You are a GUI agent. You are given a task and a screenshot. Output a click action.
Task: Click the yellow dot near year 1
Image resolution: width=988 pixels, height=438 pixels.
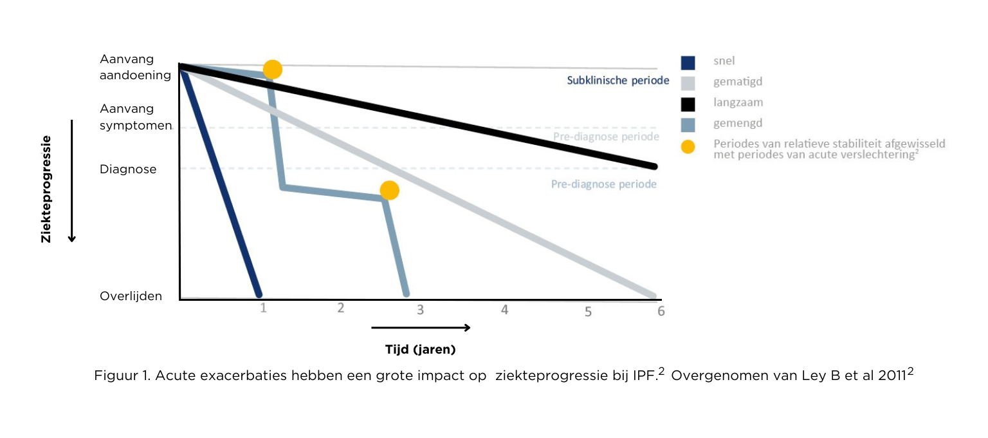(273, 70)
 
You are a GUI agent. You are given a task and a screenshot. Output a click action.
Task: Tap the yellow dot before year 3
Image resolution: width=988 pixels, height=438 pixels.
(389, 190)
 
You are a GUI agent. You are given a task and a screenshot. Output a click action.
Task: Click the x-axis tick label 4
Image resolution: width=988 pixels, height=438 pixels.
(504, 310)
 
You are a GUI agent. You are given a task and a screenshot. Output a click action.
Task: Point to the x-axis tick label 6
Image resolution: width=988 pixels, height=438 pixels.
(661, 311)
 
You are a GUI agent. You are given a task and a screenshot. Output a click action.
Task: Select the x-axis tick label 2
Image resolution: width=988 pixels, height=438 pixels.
(341, 308)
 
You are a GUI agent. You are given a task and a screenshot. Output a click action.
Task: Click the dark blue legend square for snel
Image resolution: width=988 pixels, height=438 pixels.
(688, 62)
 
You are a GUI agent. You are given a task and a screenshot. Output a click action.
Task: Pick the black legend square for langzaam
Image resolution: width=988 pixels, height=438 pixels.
(688, 104)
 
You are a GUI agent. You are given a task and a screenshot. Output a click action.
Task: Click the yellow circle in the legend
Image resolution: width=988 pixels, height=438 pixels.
(688, 147)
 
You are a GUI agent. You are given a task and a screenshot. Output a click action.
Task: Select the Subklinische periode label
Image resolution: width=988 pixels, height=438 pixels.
(617, 81)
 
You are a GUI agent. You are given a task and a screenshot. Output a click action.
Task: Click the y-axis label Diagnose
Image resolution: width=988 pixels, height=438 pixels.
(128, 169)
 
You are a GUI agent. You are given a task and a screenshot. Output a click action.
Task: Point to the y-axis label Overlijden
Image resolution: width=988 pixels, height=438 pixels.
(131, 296)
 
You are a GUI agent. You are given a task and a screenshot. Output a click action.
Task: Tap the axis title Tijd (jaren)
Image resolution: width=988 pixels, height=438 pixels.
(420, 350)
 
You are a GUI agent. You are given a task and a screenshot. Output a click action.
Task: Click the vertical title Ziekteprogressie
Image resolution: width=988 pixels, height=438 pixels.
(46, 189)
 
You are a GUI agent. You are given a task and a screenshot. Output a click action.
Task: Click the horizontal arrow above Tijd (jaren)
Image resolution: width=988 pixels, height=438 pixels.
(421, 327)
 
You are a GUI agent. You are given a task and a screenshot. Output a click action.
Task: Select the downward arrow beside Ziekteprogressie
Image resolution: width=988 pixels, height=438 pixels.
(72, 180)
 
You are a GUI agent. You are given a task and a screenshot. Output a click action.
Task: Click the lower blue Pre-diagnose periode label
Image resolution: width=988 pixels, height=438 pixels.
(603, 184)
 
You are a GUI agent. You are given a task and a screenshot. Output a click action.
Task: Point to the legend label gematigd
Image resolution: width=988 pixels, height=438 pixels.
(738, 82)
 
